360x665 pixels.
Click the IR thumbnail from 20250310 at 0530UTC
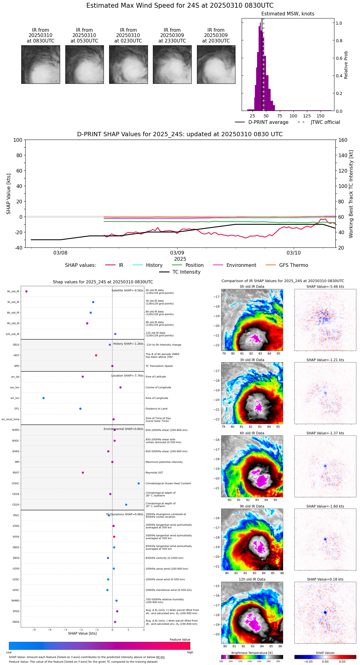(x=84, y=64)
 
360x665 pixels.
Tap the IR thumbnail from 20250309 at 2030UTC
(x=216, y=64)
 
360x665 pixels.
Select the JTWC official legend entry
(x=325, y=122)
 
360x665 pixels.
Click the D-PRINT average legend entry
(x=268, y=122)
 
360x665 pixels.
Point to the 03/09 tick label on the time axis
(x=177, y=253)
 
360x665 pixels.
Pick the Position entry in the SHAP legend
(x=194, y=265)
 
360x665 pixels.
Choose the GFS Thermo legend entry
(x=293, y=265)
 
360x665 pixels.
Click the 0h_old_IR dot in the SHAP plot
(x=27, y=292)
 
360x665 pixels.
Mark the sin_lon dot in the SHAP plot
(x=43, y=398)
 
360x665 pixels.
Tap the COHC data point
(x=139, y=483)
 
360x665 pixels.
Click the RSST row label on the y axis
(x=16, y=473)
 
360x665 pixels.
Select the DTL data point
(x=80, y=409)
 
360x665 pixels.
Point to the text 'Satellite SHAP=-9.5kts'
(x=127, y=291)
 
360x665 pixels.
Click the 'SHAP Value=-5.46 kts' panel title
(x=325, y=287)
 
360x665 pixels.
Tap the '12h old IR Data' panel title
(x=252, y=579)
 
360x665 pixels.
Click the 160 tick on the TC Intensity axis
(x=343, y=140)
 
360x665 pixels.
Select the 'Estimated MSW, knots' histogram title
(x=288, y=14)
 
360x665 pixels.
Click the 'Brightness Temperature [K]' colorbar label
(x=252, y=653)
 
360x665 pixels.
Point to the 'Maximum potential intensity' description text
(x=164, y=462)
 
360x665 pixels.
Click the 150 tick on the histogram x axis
(x=321, y=116)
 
